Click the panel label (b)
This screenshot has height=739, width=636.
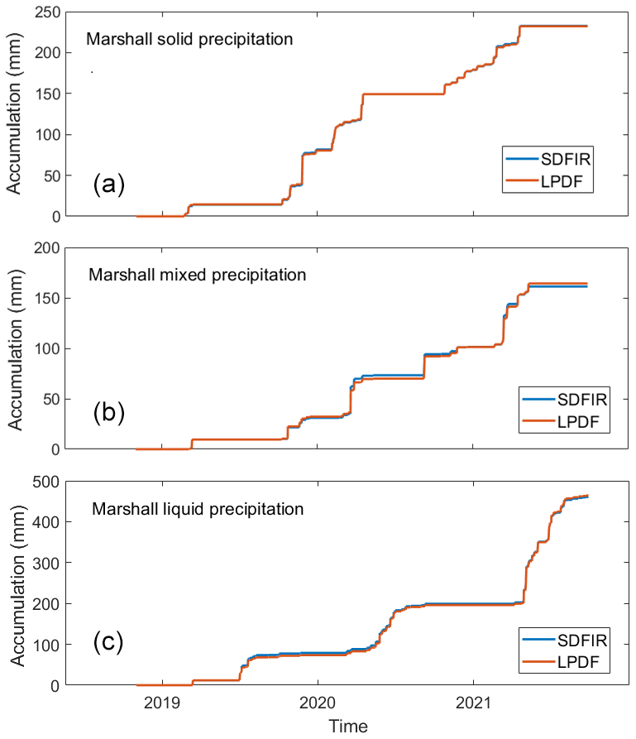tap(108, 413)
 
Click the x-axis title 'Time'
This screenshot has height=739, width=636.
tap(341, 726)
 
